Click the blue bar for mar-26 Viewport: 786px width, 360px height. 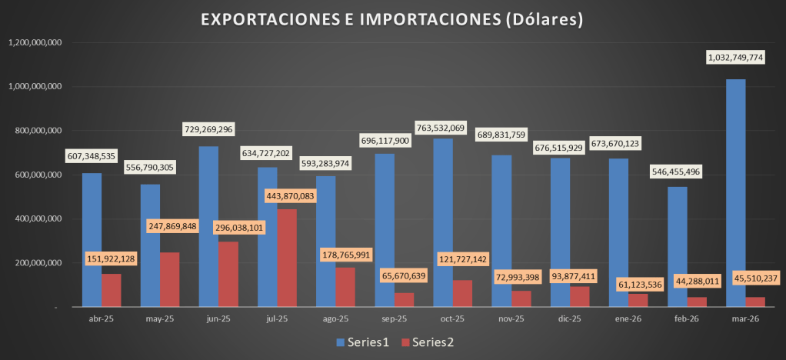735,193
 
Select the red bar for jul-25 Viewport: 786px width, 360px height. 287,258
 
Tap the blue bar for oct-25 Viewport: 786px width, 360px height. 443,222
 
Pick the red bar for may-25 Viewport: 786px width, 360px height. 169,279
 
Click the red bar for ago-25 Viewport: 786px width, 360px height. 345,287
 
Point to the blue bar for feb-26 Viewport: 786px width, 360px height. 678,247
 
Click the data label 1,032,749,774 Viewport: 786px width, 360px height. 735,58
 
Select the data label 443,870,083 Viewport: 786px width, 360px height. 290,196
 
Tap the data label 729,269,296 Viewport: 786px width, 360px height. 208,129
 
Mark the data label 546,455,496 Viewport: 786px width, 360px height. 675,172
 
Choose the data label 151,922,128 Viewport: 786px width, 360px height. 112,259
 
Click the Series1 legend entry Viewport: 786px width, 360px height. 362,342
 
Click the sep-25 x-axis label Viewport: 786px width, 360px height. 394,319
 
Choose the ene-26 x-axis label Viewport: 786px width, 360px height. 628,319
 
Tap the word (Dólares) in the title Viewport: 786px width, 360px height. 542,19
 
